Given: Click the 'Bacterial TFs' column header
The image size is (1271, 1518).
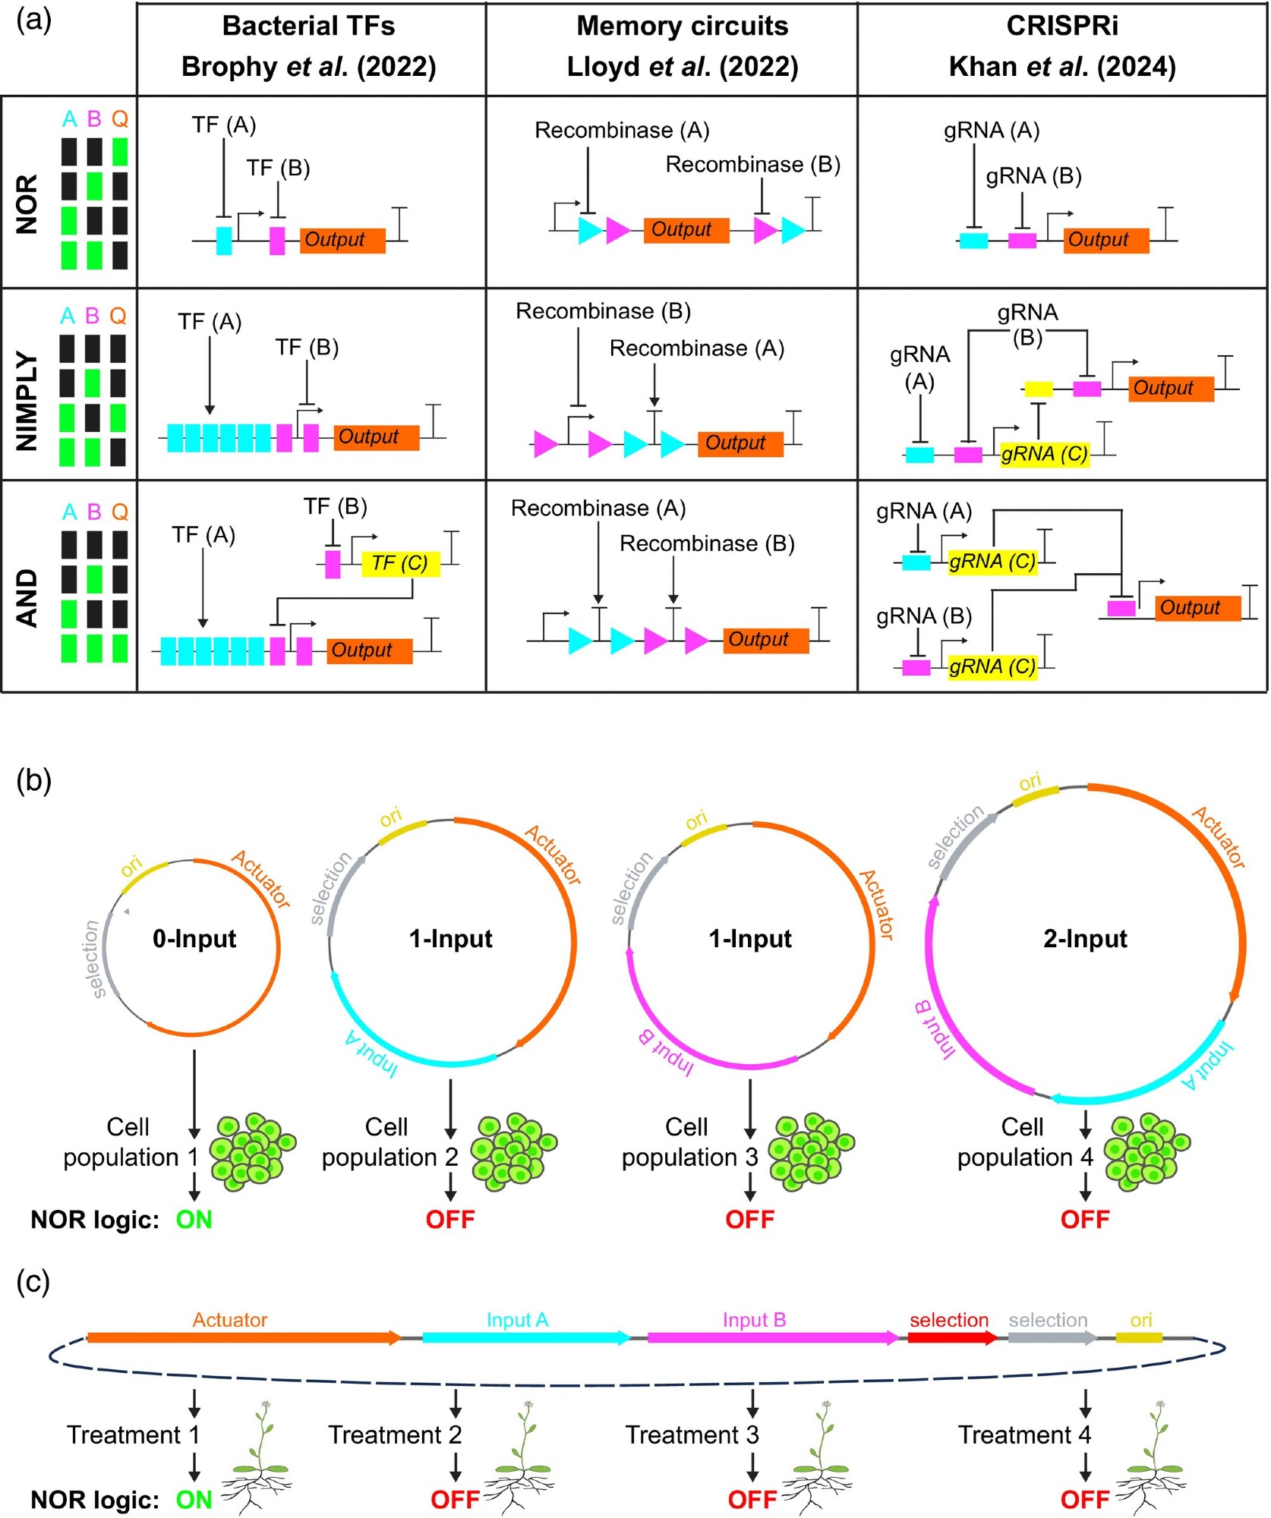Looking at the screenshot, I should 308,27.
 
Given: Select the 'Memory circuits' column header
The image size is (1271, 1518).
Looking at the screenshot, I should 682,27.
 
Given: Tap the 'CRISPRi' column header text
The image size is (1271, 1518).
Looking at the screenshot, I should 1061,27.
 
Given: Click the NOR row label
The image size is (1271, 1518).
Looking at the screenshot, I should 27,204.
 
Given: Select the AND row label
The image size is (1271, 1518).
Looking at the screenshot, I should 27,598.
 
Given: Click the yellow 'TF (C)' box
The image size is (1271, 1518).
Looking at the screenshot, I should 400,563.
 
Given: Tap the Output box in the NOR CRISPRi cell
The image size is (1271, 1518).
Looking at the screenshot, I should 1105,241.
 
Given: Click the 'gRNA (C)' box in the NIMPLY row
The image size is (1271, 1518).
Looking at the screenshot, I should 1044,455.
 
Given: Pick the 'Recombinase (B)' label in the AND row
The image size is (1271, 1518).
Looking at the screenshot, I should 707,543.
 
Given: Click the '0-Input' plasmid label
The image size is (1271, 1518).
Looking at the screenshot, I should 194,939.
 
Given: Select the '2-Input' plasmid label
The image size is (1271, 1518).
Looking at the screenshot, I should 1085,939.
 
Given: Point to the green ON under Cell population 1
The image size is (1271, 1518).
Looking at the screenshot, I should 194,1220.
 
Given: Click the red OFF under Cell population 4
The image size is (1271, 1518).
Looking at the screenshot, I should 1085,1220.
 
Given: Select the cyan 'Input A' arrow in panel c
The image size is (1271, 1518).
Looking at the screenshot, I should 525,1337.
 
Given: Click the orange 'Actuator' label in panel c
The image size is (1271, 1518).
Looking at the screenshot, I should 230,1320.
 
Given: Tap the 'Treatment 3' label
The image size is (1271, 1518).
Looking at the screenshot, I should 692,1435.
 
